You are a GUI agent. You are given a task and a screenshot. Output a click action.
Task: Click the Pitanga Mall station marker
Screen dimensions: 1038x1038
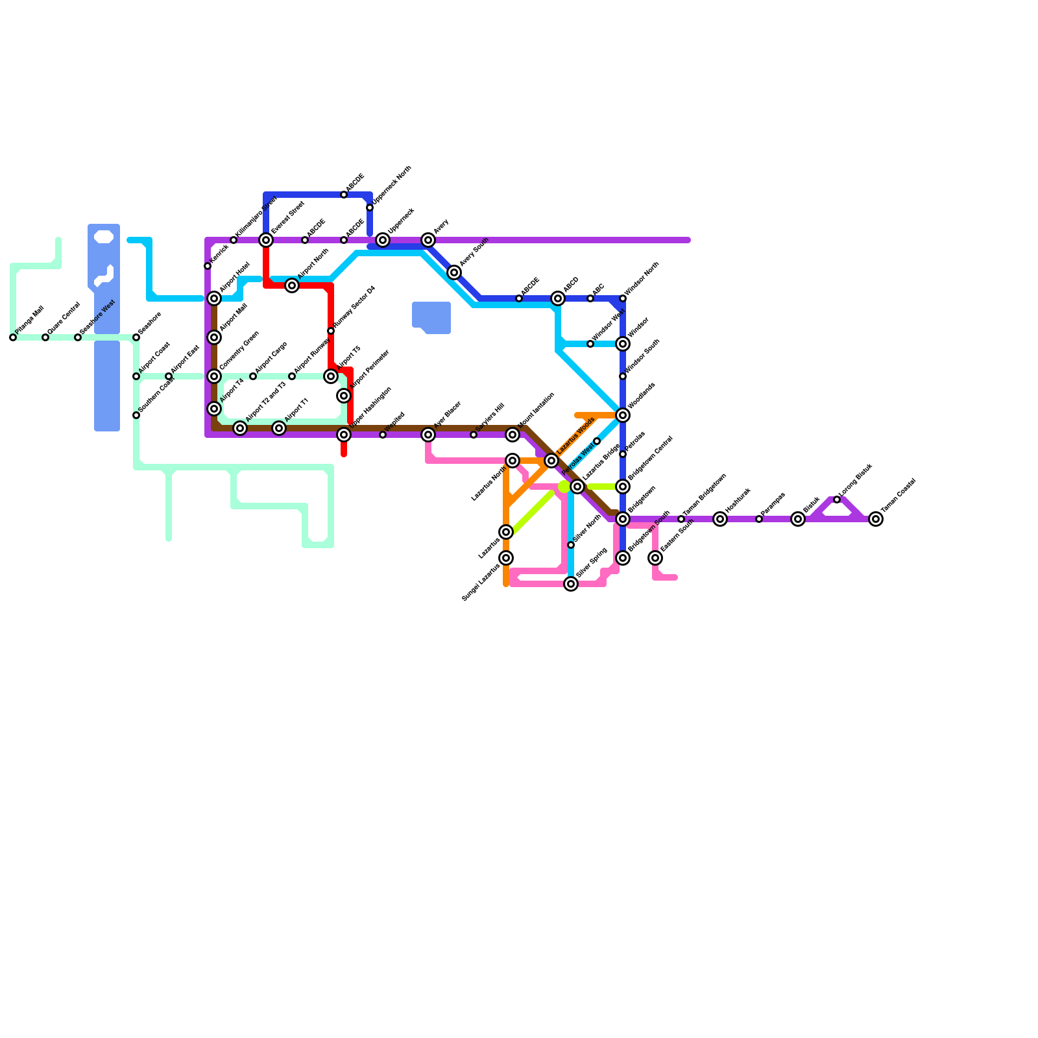pos(13,337)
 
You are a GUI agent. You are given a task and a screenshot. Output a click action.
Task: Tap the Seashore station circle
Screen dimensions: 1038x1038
pos(136,337)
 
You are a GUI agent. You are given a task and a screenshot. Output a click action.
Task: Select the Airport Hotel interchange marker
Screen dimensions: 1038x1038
pos(214,298)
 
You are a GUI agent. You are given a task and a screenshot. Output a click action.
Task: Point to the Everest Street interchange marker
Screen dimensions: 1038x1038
pos(266,240)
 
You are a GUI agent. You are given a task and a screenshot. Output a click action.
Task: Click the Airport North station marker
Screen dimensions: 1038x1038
pos(292,285)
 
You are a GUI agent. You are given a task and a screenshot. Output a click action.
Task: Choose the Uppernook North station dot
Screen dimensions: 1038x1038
pos(370,208)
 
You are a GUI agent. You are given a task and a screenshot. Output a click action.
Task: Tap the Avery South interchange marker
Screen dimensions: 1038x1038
pos(454,272)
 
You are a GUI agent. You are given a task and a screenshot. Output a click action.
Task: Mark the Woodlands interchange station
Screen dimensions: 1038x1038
pos(623,415)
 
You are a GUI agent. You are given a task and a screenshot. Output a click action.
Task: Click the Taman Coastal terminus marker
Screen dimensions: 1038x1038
pos(876,519)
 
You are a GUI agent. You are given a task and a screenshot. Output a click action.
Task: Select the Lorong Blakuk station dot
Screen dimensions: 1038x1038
pos(837,500)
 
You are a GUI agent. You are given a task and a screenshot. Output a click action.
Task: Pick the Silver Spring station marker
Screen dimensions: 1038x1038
pos(571,584)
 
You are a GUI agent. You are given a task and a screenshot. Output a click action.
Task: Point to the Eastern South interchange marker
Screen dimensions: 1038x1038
pos(655,558)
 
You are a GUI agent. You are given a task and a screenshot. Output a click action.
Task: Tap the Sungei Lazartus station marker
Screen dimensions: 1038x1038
pos(506,558)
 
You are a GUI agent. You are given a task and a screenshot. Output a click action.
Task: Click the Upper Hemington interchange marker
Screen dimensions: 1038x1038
pos(344,435)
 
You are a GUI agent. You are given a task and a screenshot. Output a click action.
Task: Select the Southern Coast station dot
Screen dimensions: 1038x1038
pos(136,415)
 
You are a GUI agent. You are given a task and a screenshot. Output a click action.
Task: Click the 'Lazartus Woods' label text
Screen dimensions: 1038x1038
pos(575,436)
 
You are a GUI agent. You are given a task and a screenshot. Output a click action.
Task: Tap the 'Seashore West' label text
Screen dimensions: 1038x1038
pos(97,317)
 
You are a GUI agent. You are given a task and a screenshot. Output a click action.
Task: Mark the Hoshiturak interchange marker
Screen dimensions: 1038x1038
pos(720,519)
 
